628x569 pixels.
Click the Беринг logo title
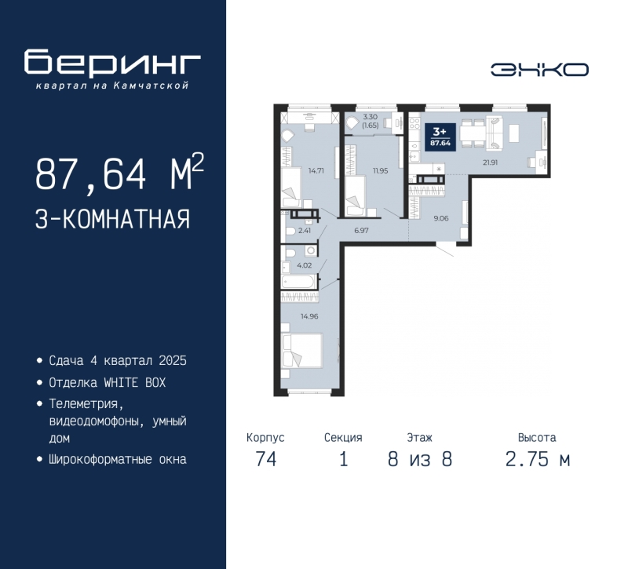click(x=113, y=64)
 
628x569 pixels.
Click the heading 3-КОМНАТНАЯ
click(x=112, y=218)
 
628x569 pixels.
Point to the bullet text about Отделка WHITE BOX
click(x=108, y=382)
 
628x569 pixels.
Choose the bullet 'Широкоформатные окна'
click(x=117, y=459)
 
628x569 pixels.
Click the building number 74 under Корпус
click(x=265, y=460)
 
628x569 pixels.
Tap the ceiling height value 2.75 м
click(x=537, y=460)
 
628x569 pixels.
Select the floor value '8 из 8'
click(x=419, y=460)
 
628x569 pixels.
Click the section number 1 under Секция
click(x=342, y=460)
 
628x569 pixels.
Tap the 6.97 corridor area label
click(x=361, y=231)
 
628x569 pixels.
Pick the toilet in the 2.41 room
click(x=290, y=231)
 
